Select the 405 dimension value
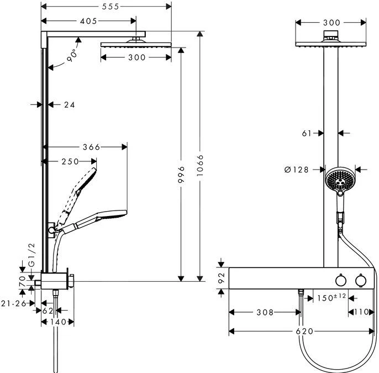(x=87, y=21)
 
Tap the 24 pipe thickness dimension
(x=69, y=104)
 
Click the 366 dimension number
(x=91, y=147)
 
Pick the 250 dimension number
(x=70, y=161)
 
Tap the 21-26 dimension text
(x=14, y=302)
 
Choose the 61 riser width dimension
(x=308, y=133)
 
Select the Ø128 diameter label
(x=296, y=170)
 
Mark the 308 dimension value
(x=265, y=312)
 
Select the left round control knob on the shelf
(x=341, y=282)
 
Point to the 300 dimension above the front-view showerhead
(x=331, y=23)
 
